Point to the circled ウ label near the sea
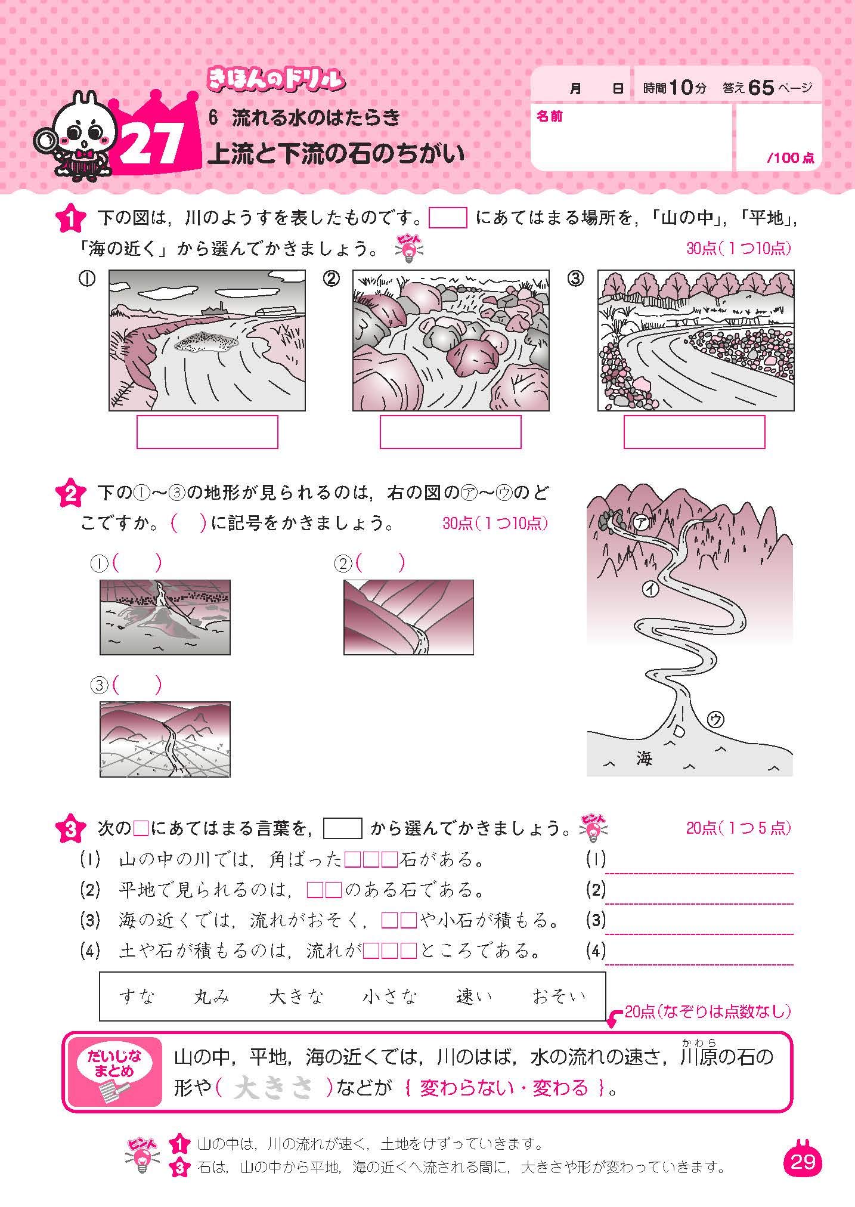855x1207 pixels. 715,720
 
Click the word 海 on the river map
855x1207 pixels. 644,759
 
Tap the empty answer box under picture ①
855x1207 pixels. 207,432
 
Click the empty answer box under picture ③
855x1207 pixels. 694,432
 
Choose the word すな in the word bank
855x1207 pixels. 137,996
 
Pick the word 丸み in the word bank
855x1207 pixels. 212,996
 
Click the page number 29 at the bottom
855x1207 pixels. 803,1163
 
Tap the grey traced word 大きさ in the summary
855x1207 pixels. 273,1089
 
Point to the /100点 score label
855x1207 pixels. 790,158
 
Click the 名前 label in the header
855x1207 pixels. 549,117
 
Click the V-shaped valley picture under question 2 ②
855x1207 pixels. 408,617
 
